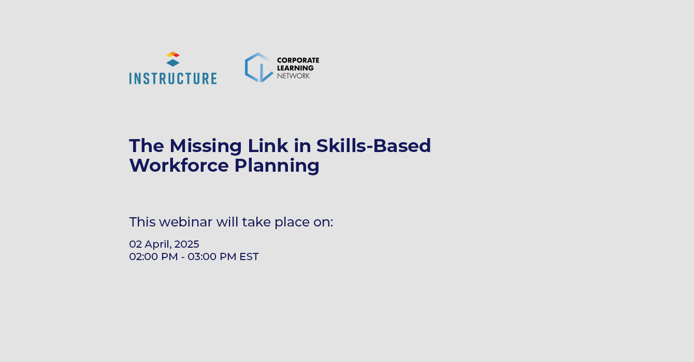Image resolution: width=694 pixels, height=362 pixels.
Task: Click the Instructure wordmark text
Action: tap(173, 79)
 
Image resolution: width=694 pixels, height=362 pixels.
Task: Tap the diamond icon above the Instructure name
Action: tap(173, 59)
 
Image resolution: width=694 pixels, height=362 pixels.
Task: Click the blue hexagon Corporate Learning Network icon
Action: tap(259, 67)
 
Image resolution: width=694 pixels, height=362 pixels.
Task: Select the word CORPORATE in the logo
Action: tap(298, 61)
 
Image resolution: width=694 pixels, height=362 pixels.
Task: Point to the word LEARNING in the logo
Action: tap(295, 68)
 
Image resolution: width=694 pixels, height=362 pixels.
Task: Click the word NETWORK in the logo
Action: tap(294, 76)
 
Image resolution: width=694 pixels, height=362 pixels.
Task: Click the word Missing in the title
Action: tap(206, 146)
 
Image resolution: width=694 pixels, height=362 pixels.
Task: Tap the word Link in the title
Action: tap(268, 146)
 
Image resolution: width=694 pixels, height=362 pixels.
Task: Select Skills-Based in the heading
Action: tap(373, 146)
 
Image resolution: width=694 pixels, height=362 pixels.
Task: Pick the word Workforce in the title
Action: tap(179, 165)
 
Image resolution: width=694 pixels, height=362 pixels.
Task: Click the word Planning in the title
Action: tap(277, 166)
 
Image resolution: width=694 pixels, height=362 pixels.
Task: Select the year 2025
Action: tap(187, 244)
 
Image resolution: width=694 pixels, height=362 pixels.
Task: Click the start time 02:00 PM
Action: tap(154, 257)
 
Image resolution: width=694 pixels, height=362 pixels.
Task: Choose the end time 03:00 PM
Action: tap(212, 257)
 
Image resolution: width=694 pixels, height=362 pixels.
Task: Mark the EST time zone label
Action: tap(249, 257)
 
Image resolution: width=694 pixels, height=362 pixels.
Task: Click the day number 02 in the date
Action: tap(135, 244)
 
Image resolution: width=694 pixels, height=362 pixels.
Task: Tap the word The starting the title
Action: tap(147, 146)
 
